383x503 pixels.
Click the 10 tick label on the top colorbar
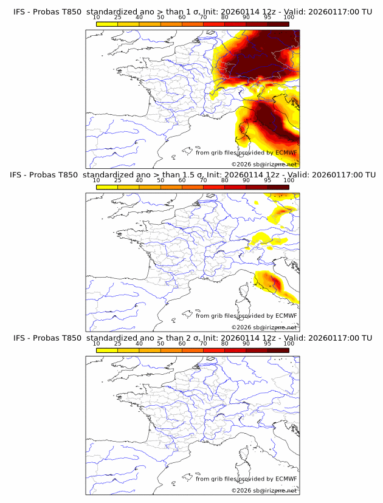click(x=97, y=18)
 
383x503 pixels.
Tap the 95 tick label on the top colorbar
click(x=267, y=18)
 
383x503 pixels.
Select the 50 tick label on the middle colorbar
click(x=160, y=180)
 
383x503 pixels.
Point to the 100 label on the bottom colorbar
click(x=289, y=343)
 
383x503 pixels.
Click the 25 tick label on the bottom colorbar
click(x=118, y=343)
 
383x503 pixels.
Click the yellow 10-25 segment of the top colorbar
click(x=107, y=24)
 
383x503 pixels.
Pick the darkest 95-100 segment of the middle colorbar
click(x=278, y=186)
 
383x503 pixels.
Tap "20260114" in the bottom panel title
click(x=238, y=338)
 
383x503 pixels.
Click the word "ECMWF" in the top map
click(x=286, y=152)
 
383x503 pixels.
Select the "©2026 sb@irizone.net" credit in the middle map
click(x=264, y=327)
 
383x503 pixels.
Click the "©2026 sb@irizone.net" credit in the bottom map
click(x=264, y=490)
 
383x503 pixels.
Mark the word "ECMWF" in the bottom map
click(x=286, y=479)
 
